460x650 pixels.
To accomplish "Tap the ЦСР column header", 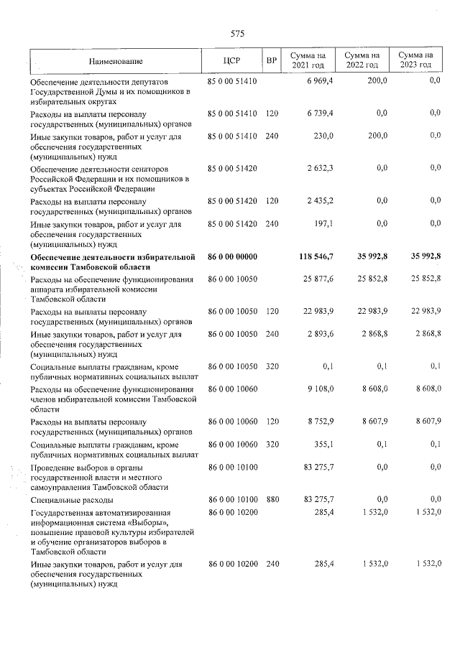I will click(231, 60).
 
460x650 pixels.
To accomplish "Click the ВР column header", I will click(271, 60).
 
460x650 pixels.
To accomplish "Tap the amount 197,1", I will click(323, 224).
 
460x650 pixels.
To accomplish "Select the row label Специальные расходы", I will click(71, 499).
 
